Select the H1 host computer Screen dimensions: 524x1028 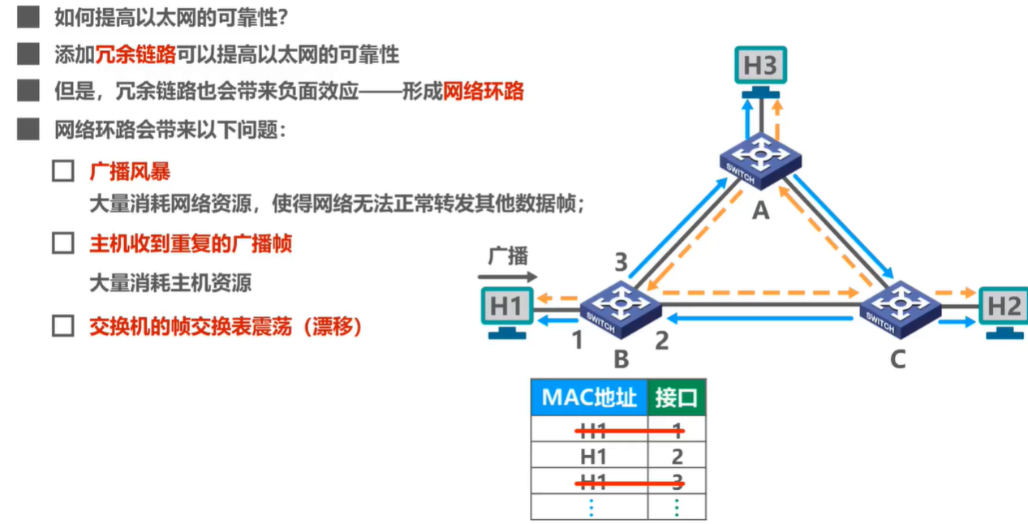[x=505, y=309]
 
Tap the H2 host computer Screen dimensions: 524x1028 [x=1004, y=309]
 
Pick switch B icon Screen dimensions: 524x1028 [x=621, y=307]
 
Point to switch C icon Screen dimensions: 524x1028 [x=900, y=308]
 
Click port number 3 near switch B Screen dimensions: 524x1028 [x=621, y=262]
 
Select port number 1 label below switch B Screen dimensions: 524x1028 [x=577, y=340]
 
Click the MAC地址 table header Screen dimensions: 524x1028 [x=589, y=397]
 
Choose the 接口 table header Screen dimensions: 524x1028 [x=677, y=397]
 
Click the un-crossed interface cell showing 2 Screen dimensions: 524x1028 [x=677, y=456]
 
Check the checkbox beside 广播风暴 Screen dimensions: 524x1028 [x=63, y=172]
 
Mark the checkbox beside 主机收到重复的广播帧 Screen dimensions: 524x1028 [x=63, y=243]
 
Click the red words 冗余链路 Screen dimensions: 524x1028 [x=136, y=55]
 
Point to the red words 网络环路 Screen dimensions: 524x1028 [x=484, y=91]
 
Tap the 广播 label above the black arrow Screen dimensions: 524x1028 [x=508, y=257]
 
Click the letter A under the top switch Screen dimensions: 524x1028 [x=760, y=211]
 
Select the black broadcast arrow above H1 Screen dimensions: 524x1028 [x=507, y=277]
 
